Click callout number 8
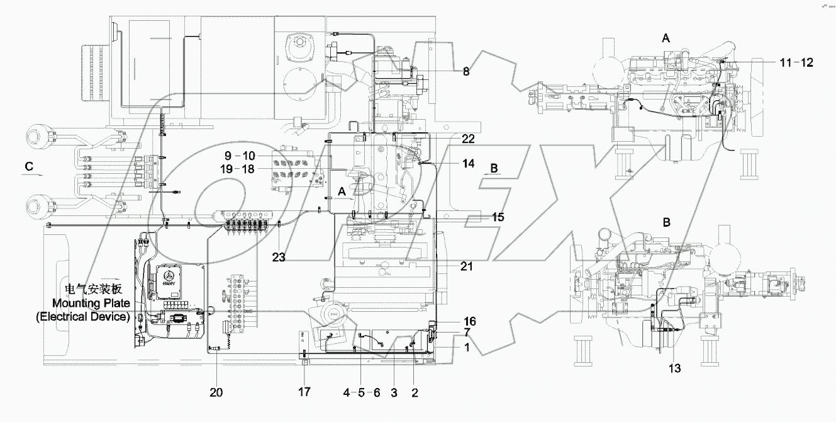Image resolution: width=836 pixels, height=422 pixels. (x=466, y=72)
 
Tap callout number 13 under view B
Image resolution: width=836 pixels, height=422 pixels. (x=675, y=368)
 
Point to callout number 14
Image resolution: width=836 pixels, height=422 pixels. (x=468, y=163)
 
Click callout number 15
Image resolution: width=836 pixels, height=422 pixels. (x=498, y=217)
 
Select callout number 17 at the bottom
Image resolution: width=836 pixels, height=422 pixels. (x=304, y=392)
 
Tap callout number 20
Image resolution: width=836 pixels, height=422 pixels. (x=216, y=392)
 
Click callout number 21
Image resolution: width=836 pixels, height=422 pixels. (x=466, y=267)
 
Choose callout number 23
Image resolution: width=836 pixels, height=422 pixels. (x=278, y=256)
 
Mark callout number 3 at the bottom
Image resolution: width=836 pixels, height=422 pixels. (x=394, y=392)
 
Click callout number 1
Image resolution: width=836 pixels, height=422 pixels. (x=466, y=347)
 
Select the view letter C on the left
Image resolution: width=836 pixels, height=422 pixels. (x=29, y=166)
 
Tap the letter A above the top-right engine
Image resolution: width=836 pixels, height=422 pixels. (x=666, y=38)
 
